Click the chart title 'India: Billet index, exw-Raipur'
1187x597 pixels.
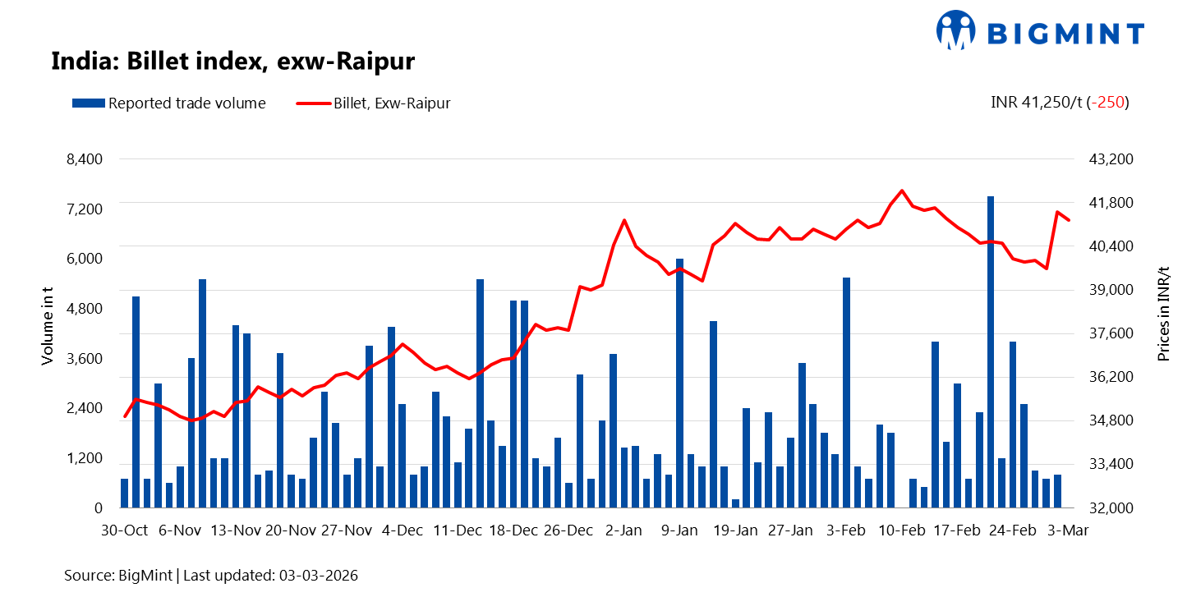click(x=232, y=62)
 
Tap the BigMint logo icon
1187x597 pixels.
click(x=955, y=30)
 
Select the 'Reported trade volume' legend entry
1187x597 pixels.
click(x=169, y=103)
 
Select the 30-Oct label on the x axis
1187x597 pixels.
click(x=125, y=530)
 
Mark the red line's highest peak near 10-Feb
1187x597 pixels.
click(x=902, y=191)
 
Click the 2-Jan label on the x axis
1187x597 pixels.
click(x=623, y=530)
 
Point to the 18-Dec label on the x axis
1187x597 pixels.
click(x=513, y=530)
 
